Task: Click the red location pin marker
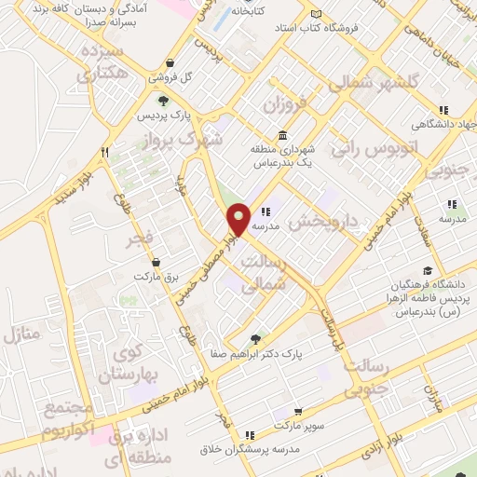coord(238,220)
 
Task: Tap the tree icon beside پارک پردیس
coord(164,102)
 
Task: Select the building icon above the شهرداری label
coord(283,134)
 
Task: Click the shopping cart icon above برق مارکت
coord(155,263)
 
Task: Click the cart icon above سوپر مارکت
coord(297,410)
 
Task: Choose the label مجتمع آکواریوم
coord(68,421)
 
